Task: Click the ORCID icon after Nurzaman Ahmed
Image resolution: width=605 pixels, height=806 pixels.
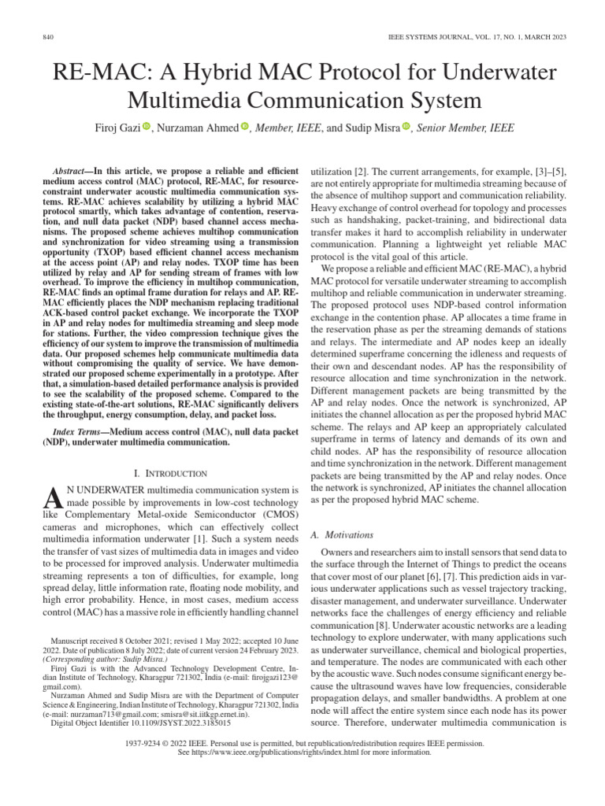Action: coord(244,127)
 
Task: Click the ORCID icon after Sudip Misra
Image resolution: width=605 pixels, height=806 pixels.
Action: coord(406,127)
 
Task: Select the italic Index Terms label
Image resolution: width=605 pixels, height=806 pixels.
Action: coord(77,433)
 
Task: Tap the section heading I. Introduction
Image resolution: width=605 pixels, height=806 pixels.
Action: coord(171,473)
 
